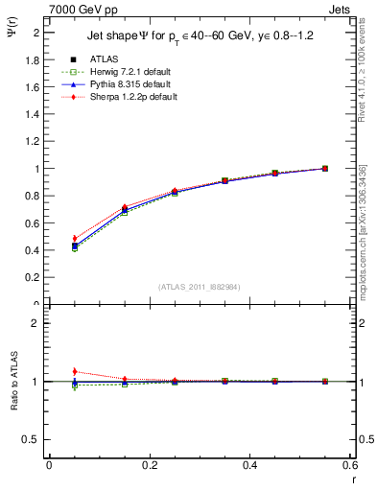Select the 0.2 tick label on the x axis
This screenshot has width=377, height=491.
point(149,465)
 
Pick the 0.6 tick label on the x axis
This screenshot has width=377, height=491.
point(349,465)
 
